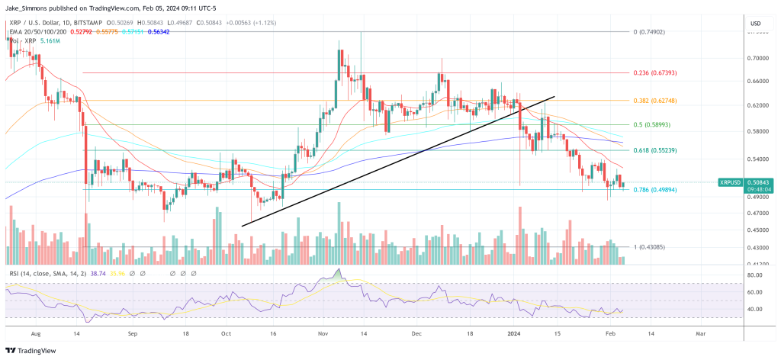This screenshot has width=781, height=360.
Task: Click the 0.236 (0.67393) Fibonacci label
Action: click(654, 72)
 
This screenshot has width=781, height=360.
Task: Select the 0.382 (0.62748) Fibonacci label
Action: click(654, 101)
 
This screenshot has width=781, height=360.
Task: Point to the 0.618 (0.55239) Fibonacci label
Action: click(654, 151)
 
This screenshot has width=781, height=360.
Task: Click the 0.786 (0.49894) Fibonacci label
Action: click(654, 189)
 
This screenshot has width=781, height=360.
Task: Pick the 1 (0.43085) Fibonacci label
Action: click(650, 247)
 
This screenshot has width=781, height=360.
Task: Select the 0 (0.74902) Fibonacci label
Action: click(650, 32)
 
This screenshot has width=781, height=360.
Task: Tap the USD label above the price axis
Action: click(757, 24)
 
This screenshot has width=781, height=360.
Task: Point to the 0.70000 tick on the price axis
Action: click(757, 58)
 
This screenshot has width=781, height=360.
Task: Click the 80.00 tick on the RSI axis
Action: click(754, 275)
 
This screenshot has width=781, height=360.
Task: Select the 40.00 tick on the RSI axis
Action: click(754, 309)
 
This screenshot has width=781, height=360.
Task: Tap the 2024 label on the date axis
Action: click(514, 333)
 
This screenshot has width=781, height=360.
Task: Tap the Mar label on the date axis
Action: click(701, 333)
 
